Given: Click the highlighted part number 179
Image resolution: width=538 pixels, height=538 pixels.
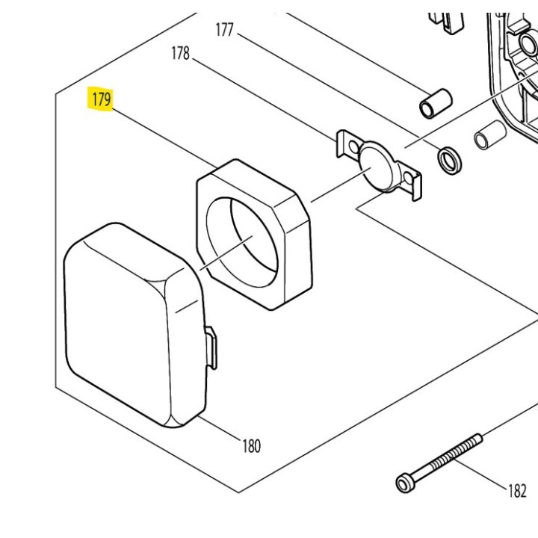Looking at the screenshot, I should click(x=100, y=99).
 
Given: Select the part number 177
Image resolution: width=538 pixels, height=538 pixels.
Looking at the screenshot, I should click(x=225, y=31).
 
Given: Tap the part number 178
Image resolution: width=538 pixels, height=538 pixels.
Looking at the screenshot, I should click(x=180, y=54).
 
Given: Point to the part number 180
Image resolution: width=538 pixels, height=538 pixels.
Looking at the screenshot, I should click(x=251, y=446).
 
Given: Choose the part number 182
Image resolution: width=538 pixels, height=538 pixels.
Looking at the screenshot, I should click(x=517, y=491).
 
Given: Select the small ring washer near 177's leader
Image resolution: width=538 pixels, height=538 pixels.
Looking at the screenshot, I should click(x=449, y=159).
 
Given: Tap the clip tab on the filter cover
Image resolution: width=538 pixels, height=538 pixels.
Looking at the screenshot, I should click(x=211, y=347).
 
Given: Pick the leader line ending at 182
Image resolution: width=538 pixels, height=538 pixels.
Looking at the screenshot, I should click(x=482, y=474).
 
